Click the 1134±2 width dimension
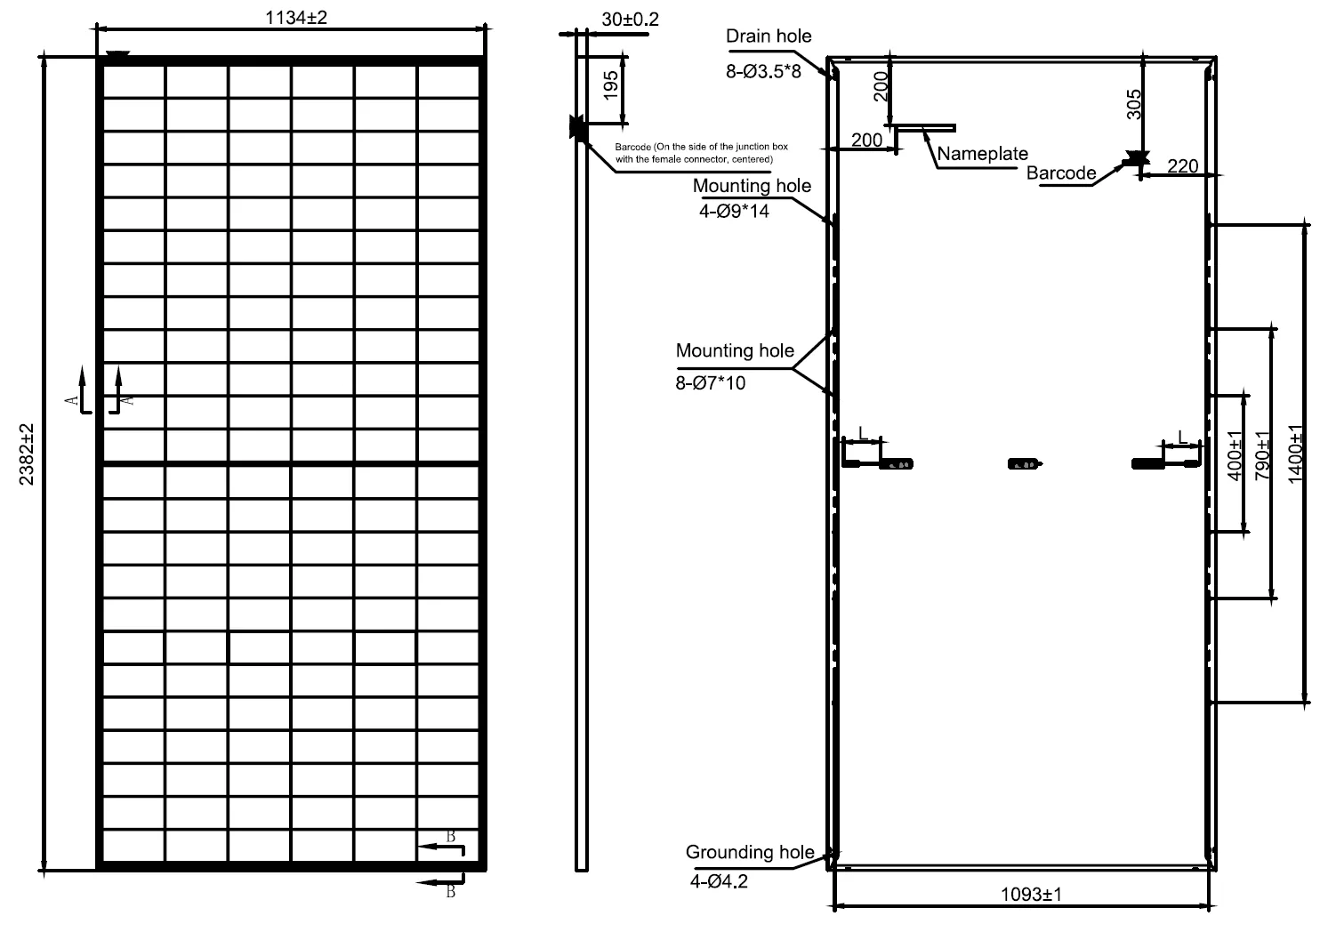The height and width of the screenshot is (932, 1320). coord(296,18)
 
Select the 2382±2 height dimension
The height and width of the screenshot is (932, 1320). coord(27,454)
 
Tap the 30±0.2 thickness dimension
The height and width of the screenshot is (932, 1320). coord(630,20)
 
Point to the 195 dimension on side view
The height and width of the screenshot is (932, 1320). coord(611,85)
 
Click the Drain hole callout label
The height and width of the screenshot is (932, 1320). coord(769,36)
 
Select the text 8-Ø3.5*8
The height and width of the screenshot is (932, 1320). coord(763,71)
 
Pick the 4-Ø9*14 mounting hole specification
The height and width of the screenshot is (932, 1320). coord(734,211)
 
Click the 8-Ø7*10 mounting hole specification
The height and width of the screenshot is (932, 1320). coord(710,383)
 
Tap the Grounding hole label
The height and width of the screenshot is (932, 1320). coord(750,852)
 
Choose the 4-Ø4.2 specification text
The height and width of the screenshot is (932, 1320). coord(719,881)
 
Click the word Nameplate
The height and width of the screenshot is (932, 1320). coord(982,154)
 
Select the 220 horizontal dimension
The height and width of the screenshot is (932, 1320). coord(1183,166)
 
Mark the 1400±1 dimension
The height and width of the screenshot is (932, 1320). coord(1295,454)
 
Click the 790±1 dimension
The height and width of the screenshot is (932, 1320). coord(1262,455)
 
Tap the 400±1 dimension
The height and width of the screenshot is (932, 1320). coord(1235,455)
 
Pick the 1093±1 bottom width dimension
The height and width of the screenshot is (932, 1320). coord(1031,895)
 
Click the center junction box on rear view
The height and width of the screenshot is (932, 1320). coord(1024,464)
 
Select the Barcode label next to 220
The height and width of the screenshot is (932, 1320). coord(1060,173)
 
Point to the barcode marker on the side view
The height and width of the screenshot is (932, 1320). coord(578,127)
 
